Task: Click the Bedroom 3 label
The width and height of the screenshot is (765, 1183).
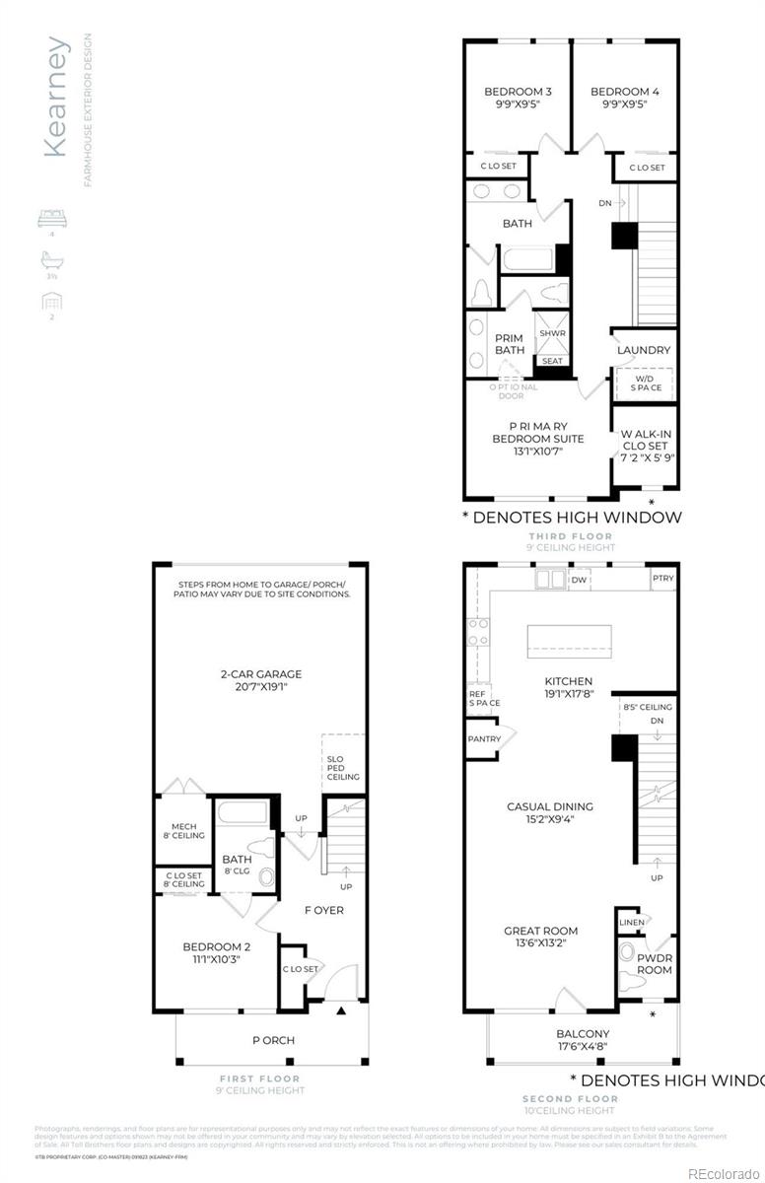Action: coord(517,92)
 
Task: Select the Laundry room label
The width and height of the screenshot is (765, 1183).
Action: coord(644,350)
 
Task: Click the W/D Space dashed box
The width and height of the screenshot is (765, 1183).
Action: coord(644,382)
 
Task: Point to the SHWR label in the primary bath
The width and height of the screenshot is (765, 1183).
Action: coord(552,333)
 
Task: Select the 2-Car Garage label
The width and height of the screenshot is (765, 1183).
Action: coord(260,674)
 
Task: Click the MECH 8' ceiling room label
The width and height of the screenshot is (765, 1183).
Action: coord(185,830)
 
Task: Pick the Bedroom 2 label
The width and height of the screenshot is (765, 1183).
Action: coord(217,947)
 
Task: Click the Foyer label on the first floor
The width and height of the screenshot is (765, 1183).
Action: coord(323,910)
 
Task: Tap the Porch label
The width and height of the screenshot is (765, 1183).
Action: coord(273,1040)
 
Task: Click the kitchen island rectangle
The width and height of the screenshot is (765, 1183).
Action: coord(569,640)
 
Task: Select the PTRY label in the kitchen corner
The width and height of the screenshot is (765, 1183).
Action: coord(662,579)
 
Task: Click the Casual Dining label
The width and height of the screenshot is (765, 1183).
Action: coord(549,806)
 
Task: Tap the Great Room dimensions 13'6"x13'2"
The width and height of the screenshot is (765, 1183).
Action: coord(540,943)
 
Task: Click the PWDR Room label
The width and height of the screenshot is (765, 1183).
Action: coord(654,963)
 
